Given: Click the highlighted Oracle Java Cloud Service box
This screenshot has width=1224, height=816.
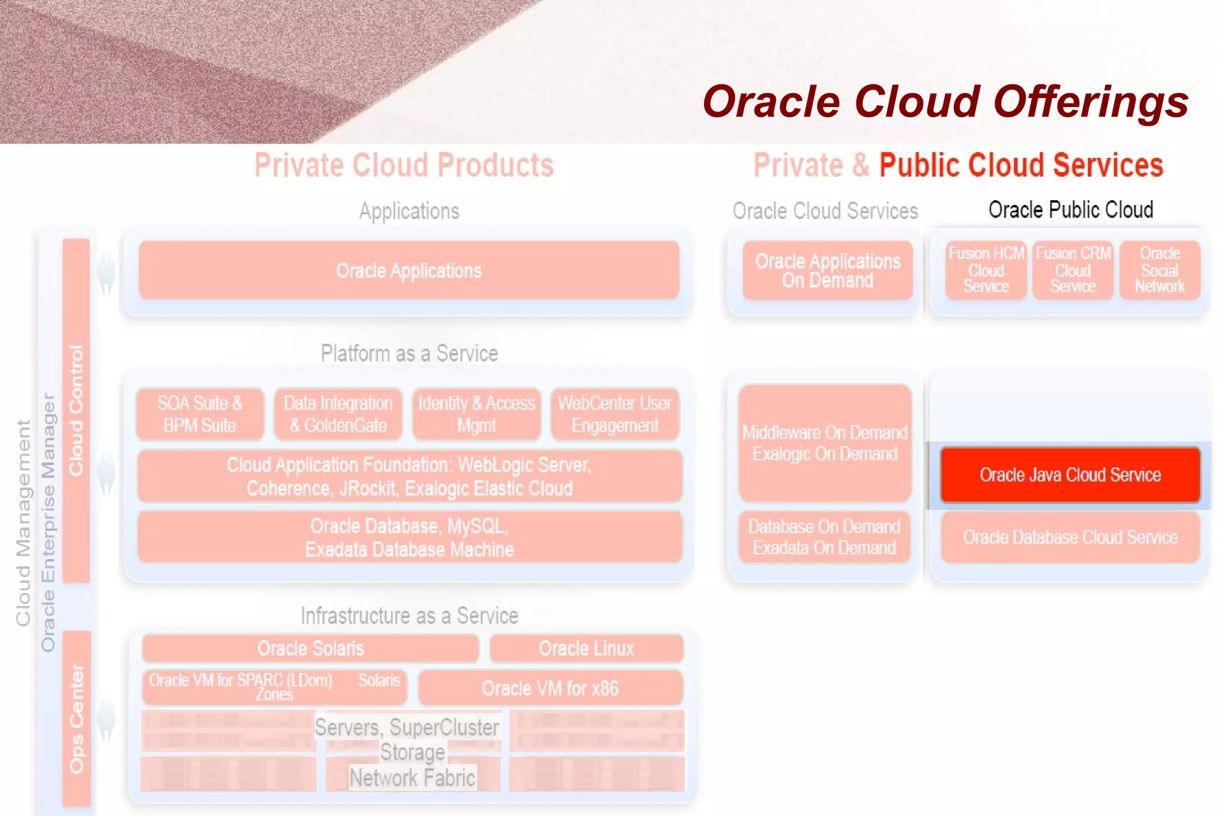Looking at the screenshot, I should click(x=1070, y=475).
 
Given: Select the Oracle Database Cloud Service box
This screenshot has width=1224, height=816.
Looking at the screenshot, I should click(x=1070, y=537).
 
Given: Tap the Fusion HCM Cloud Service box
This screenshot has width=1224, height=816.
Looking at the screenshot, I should click(x=986, y=270).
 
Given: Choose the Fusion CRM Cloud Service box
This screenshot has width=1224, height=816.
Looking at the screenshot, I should click(x=1073, y=270).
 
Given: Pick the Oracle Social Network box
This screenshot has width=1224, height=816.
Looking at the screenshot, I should click(x=1159, y=270).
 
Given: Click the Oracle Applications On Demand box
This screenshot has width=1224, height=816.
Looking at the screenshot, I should click(x=827, y=270).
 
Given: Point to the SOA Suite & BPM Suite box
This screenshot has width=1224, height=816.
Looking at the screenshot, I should click(x=200, y=414).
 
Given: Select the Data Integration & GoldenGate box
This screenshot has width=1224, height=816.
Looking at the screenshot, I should click(x=338, y=414).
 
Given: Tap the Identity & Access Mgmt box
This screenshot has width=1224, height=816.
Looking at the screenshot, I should click(x=476, y=414).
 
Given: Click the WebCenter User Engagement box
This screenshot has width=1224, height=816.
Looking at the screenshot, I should click(x=614, y=414).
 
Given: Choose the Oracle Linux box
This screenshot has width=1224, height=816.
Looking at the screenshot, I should click(x=586, y=648).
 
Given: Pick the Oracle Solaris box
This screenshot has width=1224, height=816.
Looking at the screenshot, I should click(x=310, y=648).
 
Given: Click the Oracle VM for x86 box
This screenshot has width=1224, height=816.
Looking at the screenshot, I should click(x=550, y=687).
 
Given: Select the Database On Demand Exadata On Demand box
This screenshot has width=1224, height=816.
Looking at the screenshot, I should click(x=824, y=537).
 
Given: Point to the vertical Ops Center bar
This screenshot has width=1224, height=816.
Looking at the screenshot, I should click(x=76, y=717).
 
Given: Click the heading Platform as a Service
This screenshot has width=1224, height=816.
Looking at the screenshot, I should click(x=409, y=353).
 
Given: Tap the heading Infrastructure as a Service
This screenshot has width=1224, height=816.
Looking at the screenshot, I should click(x=409, y=616).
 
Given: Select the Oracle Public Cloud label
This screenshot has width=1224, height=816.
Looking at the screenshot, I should click(x=1070, y=210).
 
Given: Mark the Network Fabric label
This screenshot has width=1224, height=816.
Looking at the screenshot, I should click(x=412, y=778).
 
